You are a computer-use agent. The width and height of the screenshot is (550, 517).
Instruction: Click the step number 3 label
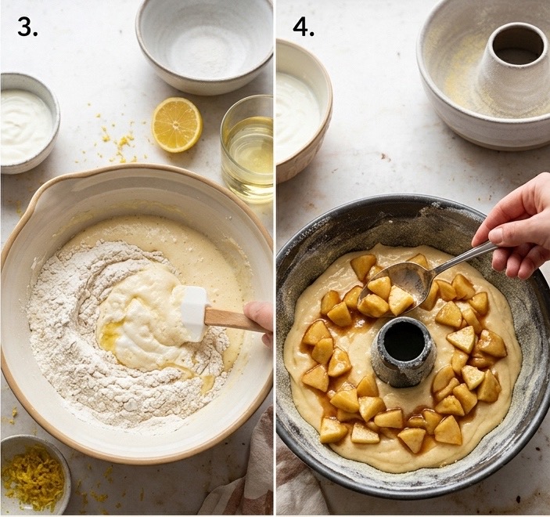pos(27,27)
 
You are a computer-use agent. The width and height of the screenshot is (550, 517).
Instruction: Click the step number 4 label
pos(304,27)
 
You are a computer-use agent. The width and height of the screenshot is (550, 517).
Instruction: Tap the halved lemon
pos(177,125)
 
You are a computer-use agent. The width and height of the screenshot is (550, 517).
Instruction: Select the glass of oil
pos(247,150)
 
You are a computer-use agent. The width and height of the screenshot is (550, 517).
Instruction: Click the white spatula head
pos(193,313)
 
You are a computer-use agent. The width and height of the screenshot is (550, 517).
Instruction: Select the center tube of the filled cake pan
pos(405,351)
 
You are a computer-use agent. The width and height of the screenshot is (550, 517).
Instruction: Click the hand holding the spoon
pos(516,228)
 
